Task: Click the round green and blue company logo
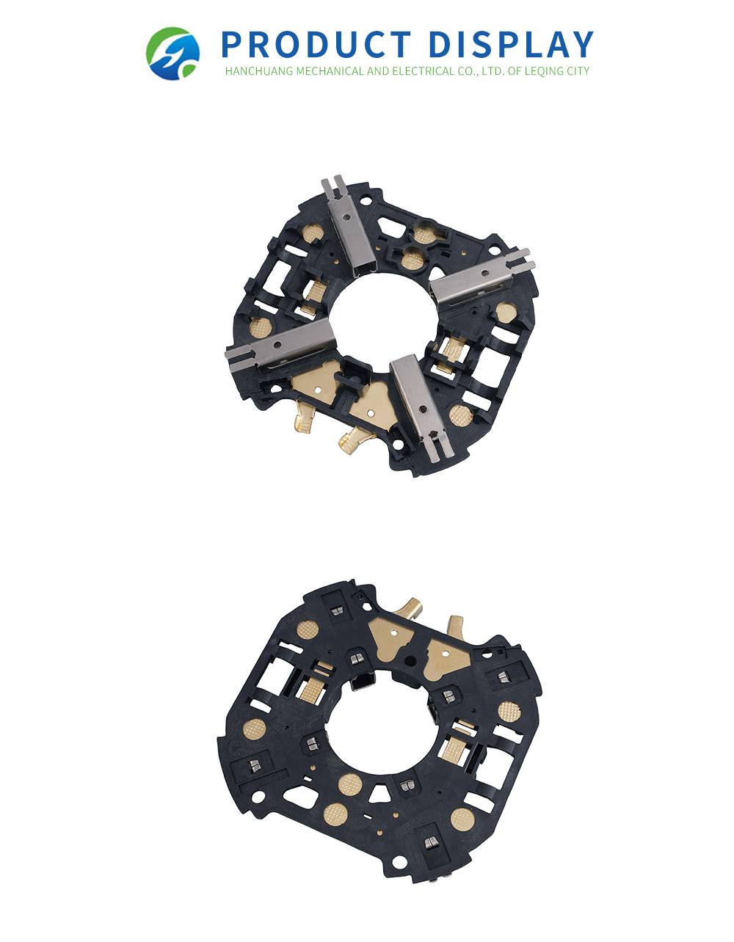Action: point(173,54)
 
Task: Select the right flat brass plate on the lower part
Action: point(444,654)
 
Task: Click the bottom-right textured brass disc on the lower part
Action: point(462,819)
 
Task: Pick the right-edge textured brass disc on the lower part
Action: point(508,711)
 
